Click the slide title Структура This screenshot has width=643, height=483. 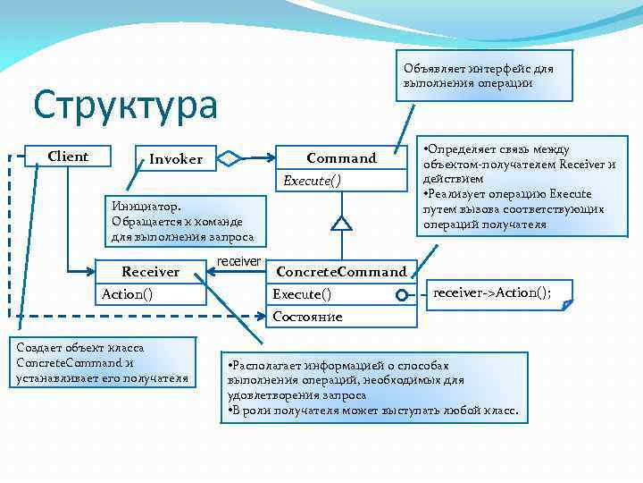(126, 106)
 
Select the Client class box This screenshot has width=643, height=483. (68, 157)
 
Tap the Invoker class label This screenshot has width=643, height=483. (176, 159)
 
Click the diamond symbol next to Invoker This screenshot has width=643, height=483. (230, 159)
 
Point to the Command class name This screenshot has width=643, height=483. (341, 158)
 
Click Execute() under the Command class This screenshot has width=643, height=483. (312, 181)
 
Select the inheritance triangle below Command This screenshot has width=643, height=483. (339, 223)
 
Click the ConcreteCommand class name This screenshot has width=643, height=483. (341, 271)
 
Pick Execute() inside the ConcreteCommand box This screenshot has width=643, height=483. (302, 294)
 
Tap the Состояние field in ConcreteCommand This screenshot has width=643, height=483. (307, 317)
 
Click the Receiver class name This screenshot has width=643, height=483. (150, 271)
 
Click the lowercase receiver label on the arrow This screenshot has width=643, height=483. (239, 260)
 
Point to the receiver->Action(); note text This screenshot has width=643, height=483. (492, 292)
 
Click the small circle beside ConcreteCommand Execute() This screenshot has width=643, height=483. (403, 295)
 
